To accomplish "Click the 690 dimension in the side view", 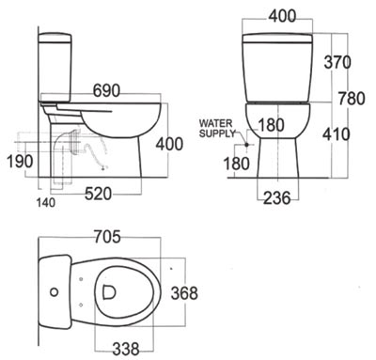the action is tap(106, 91).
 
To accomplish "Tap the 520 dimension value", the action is tap(98, 194).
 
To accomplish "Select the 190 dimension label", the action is tap(20, 162).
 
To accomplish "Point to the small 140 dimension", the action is tap(46, 203).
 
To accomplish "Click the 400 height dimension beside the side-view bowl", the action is tap(169, 144).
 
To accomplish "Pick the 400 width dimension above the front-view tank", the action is tap(282, 16).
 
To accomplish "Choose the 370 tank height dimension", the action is tap(337, 62).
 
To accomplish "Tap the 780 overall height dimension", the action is tap(352, 99).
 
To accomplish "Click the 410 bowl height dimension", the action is tap(337, 134).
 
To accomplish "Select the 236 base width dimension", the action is tap(277, 198).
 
